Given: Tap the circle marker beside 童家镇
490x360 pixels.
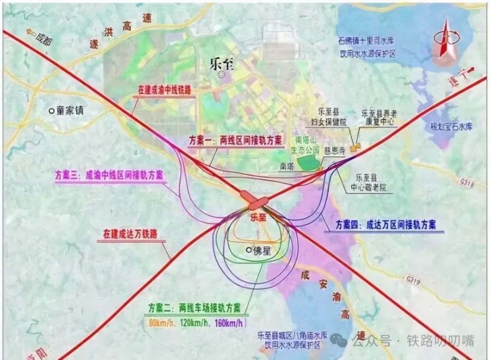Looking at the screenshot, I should click(51, 110).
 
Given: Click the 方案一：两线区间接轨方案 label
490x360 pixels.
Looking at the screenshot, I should click(235, 141).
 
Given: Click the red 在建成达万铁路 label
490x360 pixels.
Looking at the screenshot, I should click(130, 235).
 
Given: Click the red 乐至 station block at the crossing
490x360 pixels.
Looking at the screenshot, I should click(257, 200).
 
